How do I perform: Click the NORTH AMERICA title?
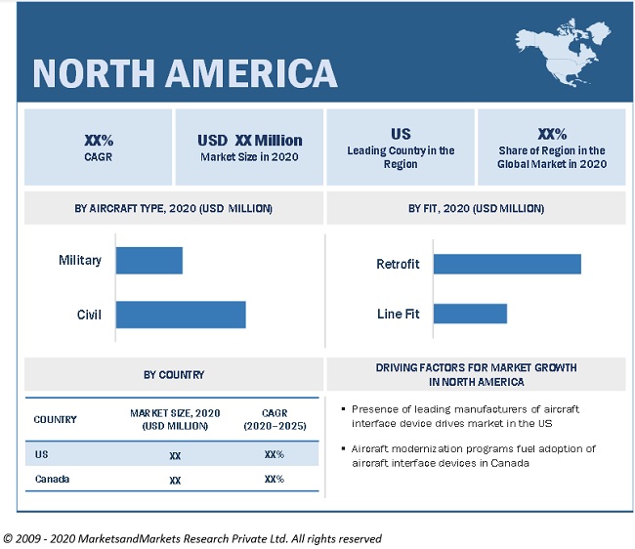185,73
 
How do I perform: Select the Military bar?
149,261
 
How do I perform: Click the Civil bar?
181,315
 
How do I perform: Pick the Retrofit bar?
507,264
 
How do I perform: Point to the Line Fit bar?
470,314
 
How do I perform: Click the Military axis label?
80,261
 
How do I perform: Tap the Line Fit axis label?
398,314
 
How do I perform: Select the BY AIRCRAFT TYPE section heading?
174,208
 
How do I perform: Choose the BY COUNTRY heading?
174,374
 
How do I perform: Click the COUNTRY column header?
56,419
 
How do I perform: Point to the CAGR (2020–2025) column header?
274,419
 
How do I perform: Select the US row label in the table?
41,453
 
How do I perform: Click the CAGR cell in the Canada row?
274,479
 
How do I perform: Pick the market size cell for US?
175,454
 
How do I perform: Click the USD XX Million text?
250,141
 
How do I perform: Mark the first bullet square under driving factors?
342,409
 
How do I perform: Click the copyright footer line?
192,538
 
